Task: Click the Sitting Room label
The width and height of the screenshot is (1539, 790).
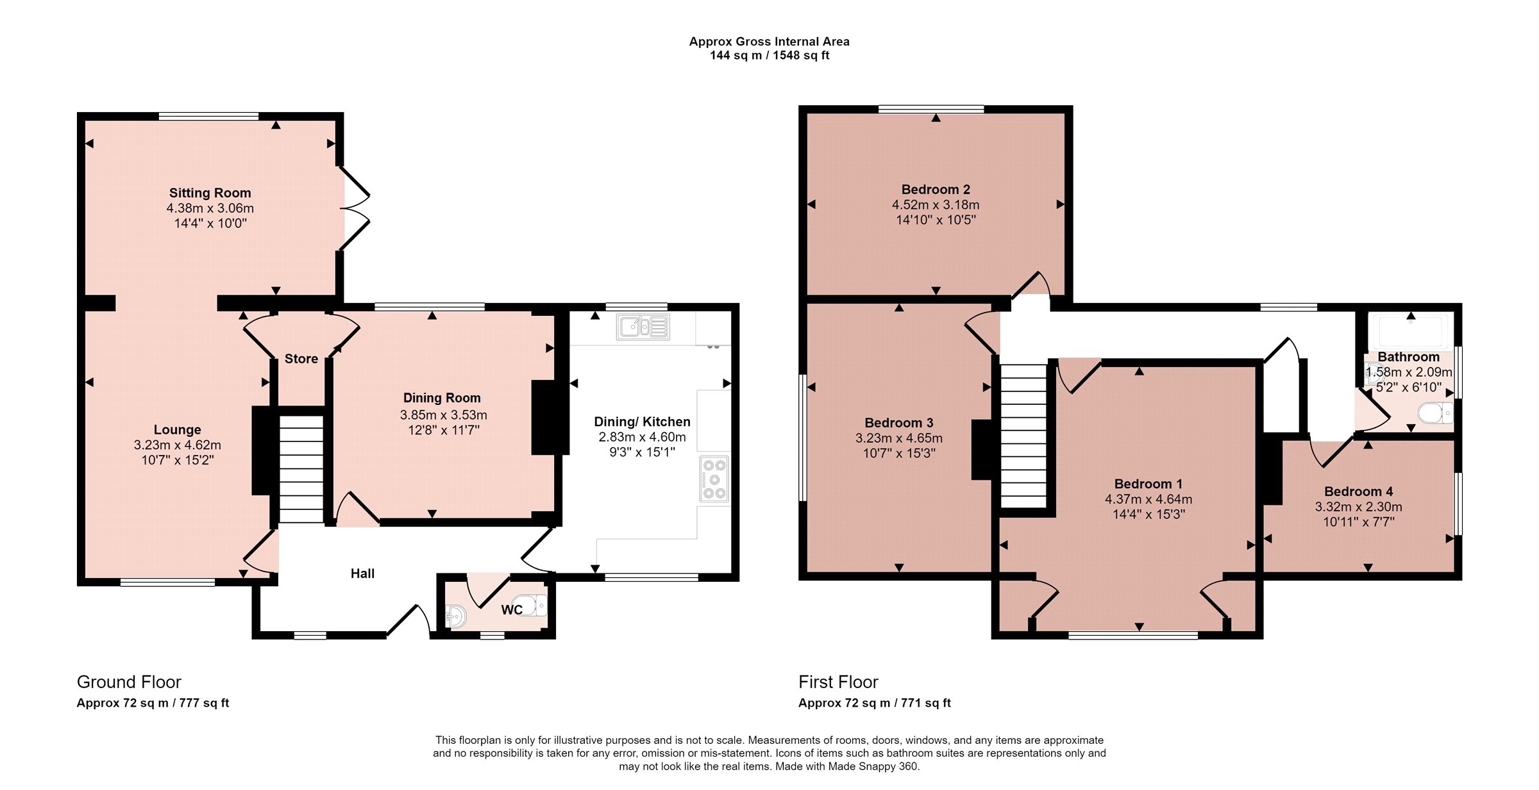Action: [x=210, y=193]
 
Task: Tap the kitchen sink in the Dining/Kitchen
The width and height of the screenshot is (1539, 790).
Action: [x=643, y=327]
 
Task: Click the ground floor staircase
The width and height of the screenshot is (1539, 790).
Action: [x=301, y=468]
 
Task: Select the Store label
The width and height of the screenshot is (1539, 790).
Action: [x=301, y=359]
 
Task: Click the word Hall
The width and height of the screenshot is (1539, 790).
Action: [x=362, y=573]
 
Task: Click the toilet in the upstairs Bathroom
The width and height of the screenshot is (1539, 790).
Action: [x=1436, y=413]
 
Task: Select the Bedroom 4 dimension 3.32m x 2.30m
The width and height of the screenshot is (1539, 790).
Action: [x=1358, y=507]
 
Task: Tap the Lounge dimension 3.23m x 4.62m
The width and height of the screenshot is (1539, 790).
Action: [x=177, y=445]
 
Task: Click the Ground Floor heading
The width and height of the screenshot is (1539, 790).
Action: [x=129, y=682]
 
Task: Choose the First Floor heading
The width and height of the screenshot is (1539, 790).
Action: [x=838, y=682]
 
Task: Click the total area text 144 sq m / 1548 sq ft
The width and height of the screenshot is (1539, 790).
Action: [x=769, y=55]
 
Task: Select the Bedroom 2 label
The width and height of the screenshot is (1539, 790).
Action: [x=936, y=190]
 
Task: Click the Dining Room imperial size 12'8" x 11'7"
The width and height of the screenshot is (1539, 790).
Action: [x=444, y=430]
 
